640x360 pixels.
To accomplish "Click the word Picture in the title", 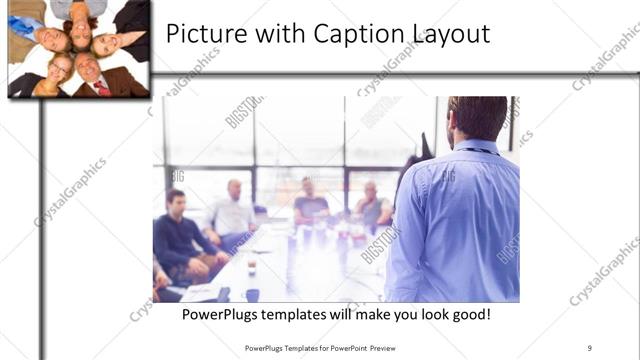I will pyautogui.click(x=200, y=35).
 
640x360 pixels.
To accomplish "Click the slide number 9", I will pyautogui.click(x=590, y=348).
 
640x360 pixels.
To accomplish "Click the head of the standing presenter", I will pyautogui.click(x=477, y=118).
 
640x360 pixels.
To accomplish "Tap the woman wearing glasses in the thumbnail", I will pyautogui.click(x=59, y=71).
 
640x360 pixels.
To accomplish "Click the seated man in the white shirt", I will pyautogui.click(x=234, y=212).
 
